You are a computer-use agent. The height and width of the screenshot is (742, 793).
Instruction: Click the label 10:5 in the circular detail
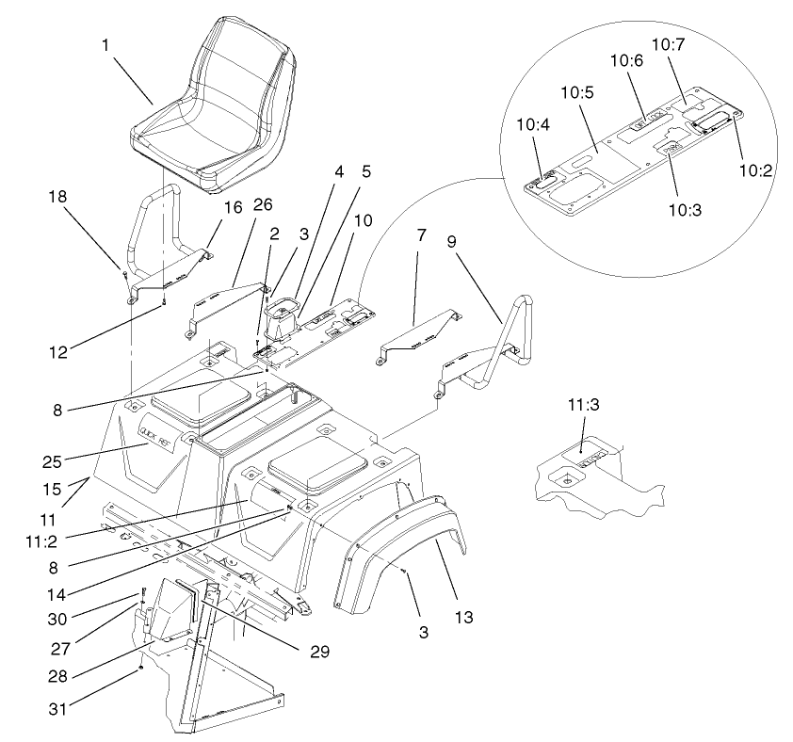click(x=583, y=96)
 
